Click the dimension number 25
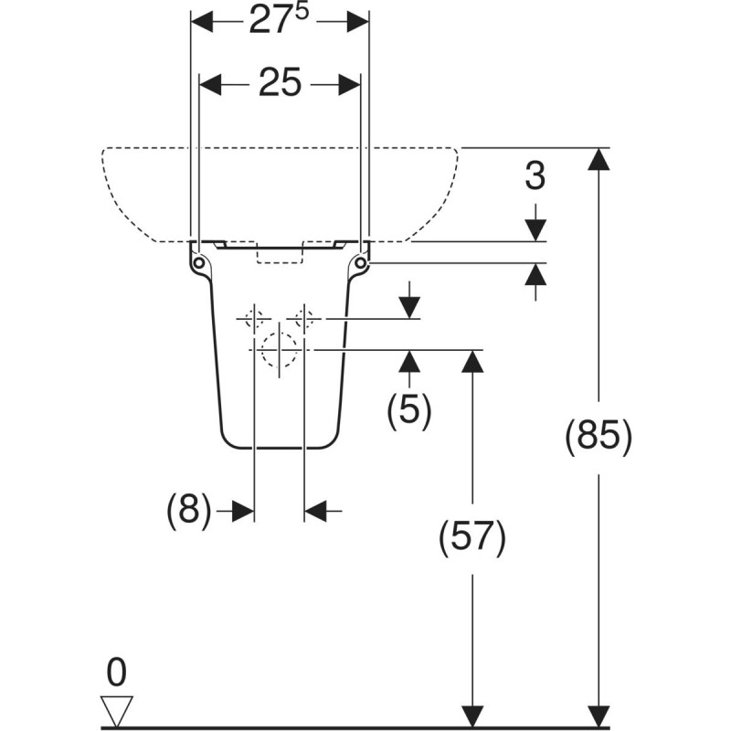[x=280, y=83]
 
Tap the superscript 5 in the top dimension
[x=302, y=14]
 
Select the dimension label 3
[x=535, y=175]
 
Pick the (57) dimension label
[x=472, y=537]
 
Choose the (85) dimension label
[x=599, y=438]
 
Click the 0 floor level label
[x=117, y=673]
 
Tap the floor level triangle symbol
[x=117, y=711]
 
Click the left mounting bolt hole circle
[x=199, y=263]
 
